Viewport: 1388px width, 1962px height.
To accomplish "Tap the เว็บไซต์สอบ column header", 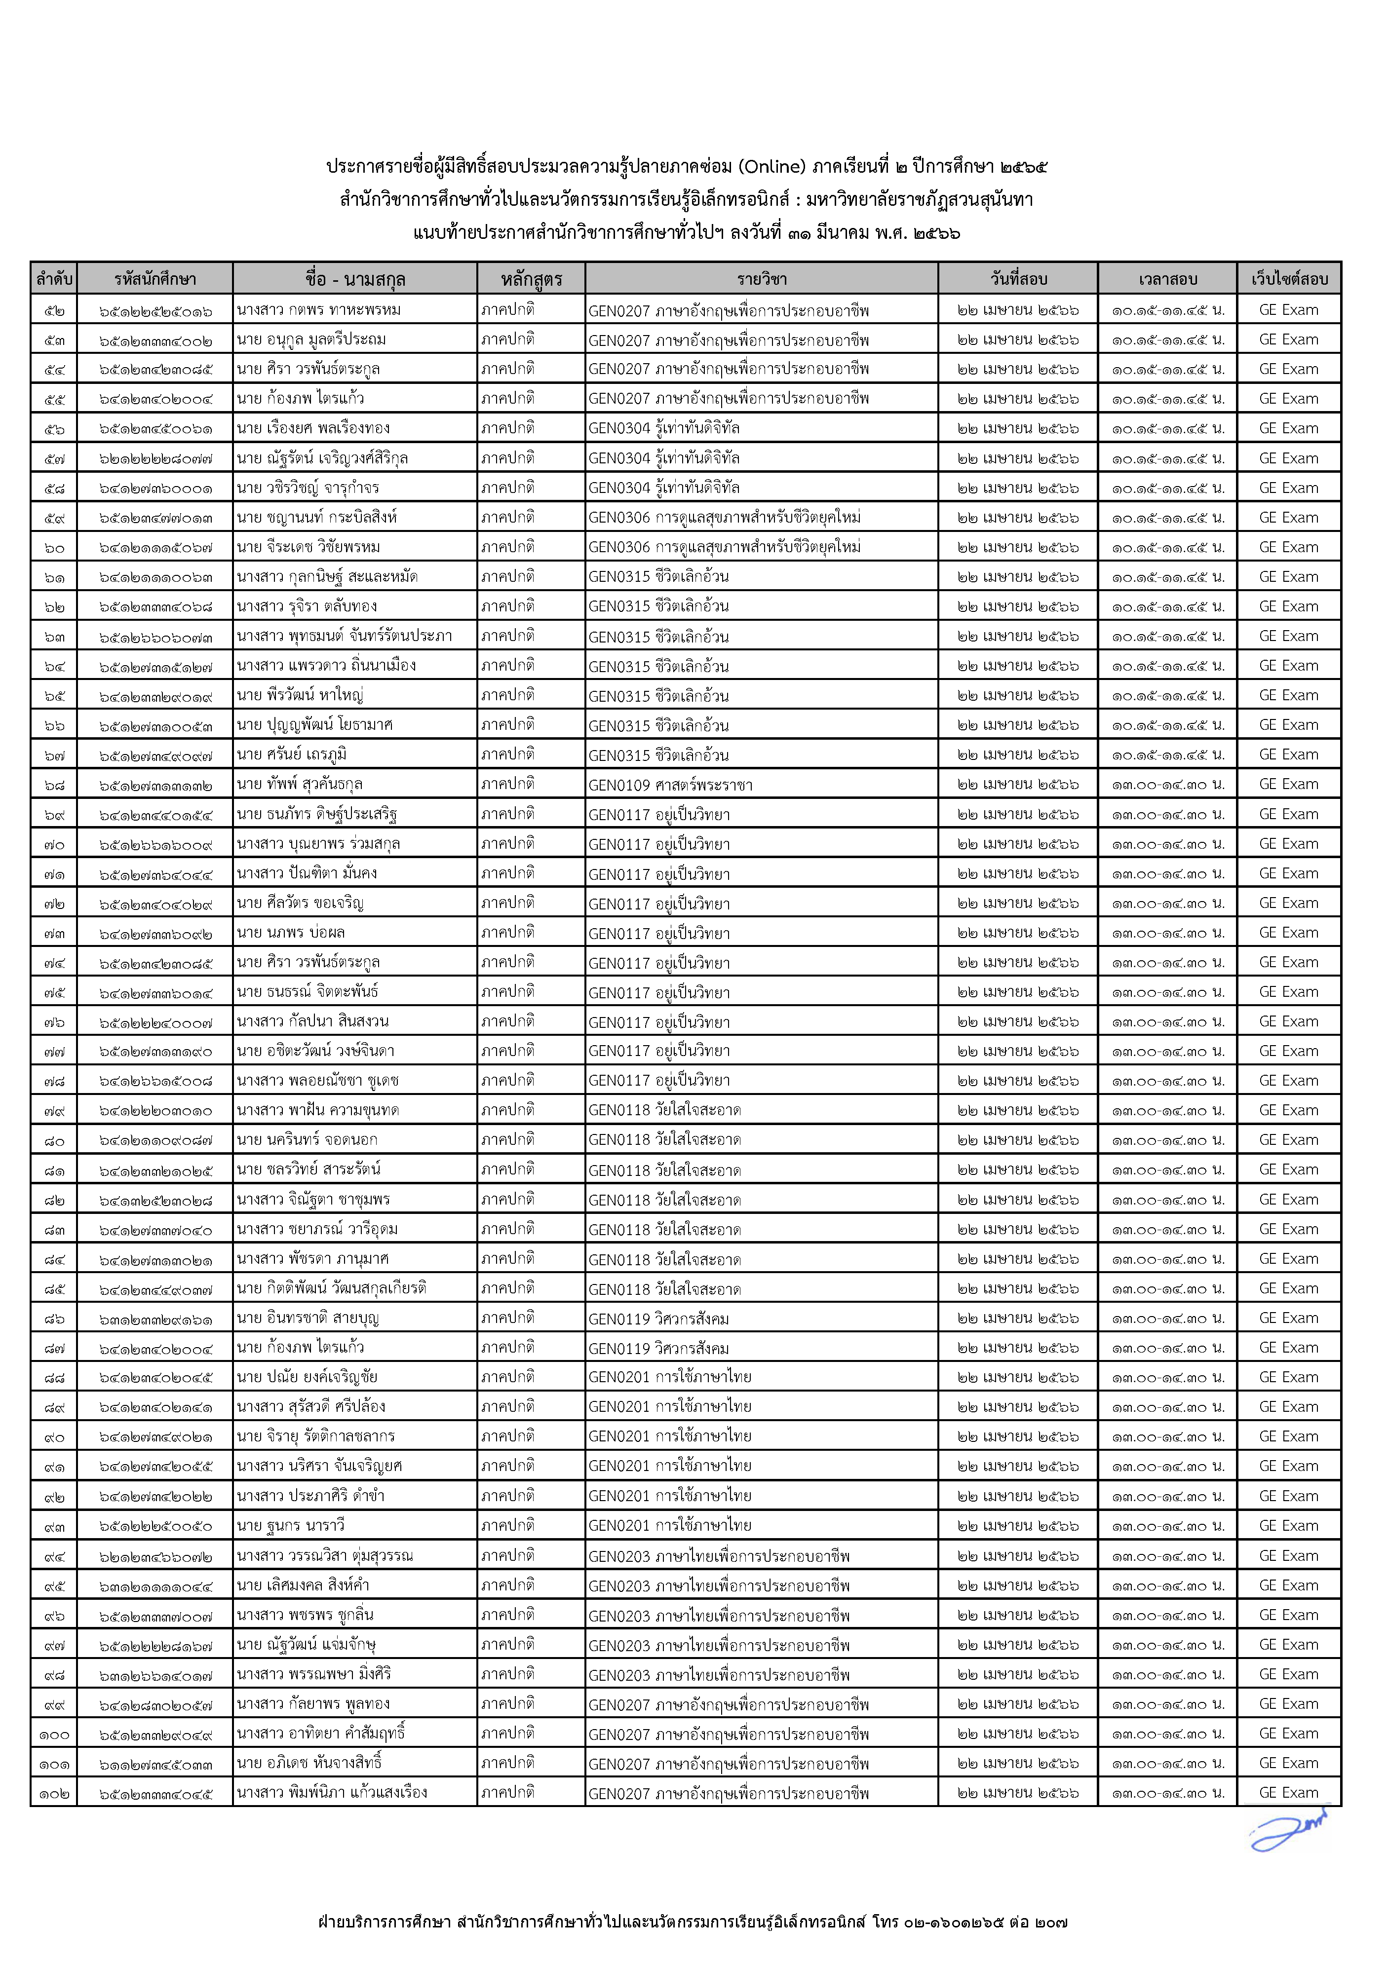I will point(1289,279).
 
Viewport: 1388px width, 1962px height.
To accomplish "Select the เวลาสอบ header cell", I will point(1167,279).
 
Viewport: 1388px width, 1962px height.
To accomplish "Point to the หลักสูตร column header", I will point(531,279).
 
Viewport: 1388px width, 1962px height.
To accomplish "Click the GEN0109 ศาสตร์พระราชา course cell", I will point(670,785).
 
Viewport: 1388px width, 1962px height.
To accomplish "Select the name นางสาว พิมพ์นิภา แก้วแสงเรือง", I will point(333,1793).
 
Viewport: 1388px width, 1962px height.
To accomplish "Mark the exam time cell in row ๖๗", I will point(1167,755).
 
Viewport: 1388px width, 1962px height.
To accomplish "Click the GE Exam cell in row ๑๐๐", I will point(1289,1734).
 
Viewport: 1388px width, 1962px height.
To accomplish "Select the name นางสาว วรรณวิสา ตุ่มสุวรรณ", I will point(325,1555).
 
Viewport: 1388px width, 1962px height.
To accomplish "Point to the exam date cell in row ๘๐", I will point(1017,1140).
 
